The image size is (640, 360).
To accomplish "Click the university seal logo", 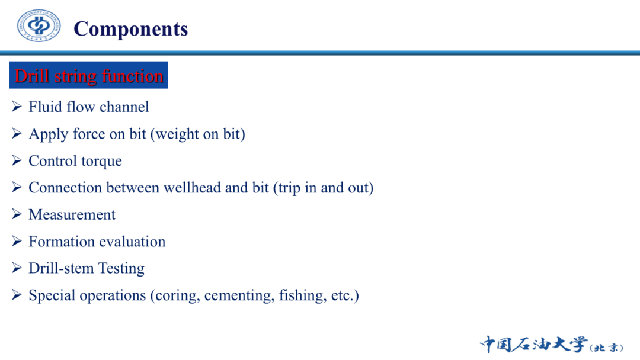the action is coord(39,25).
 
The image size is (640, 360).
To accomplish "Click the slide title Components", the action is coord(130,29).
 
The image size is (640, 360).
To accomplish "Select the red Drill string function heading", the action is coord(89,76).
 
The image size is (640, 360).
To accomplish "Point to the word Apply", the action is coord(48,134).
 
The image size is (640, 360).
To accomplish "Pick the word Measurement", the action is coord(72,214).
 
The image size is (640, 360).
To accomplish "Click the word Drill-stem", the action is coord(61,268).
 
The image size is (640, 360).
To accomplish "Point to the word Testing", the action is coord(121,269).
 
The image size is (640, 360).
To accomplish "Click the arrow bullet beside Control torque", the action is coord(17,160).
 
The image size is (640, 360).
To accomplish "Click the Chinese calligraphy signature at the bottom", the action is coord(552,344).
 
